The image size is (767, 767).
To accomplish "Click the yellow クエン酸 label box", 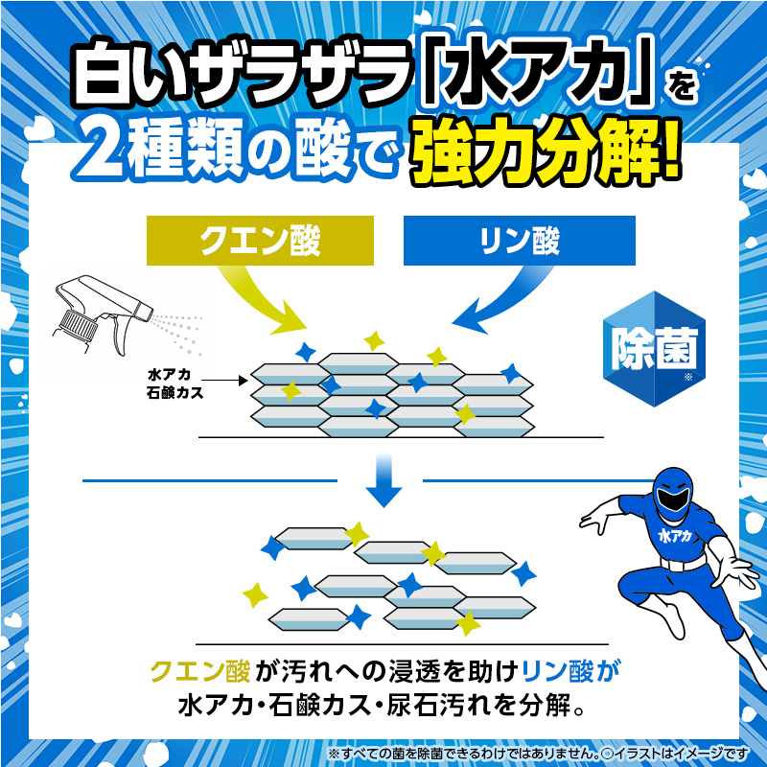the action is pyautogui.click(x=260, y=241).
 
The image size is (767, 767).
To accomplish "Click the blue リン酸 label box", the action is pyautogui.click(x=520, y=241).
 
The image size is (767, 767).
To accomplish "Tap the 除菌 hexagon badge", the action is pyautogui.click(x=655, y=349).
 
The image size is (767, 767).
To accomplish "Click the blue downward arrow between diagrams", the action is pyautogui.click(x=384, y=481).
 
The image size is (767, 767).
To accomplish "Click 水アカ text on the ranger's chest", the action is pyautogui.click(x=675, y=536).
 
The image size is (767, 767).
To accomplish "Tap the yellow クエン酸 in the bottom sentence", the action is pyautogui.click(x=200, y=671).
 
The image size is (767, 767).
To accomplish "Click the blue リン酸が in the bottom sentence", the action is pyautogui.click(x=570, y=671).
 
